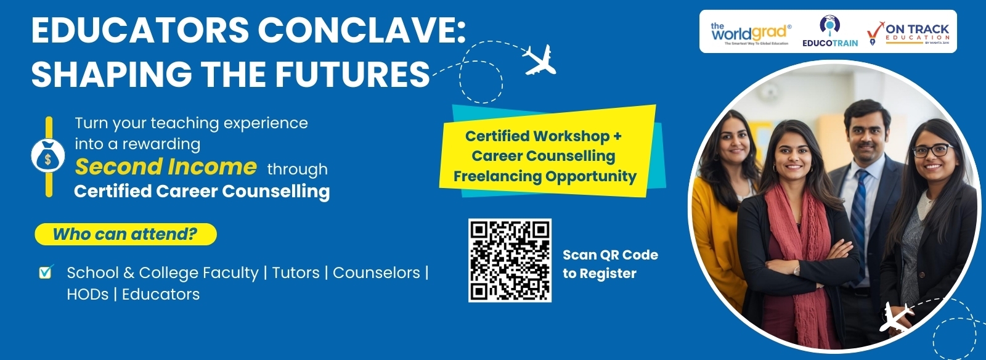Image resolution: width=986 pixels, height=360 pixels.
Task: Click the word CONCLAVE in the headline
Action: point(361,30)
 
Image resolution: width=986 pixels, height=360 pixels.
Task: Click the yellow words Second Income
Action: point(165,166)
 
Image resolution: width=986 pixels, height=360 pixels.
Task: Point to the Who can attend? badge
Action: point(125,234)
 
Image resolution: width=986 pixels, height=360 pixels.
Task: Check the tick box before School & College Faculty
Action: point(46,272)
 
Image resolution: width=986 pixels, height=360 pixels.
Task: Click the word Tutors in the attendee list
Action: point(296,272)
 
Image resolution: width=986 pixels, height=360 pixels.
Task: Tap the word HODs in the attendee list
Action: point(88,294)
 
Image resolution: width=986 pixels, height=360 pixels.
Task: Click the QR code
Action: point(510,260)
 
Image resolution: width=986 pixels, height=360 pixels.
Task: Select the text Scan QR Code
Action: point(610,255)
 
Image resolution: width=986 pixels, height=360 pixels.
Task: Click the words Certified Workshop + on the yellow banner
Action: point(543,136)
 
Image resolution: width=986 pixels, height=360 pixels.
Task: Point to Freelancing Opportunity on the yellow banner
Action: point(545,176)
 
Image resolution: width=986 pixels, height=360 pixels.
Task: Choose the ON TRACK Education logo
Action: point(909,33)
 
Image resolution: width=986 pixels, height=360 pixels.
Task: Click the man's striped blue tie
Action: point(858,210)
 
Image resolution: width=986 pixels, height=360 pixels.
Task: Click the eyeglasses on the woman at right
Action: point(932,150)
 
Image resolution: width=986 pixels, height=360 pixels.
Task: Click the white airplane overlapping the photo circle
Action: point(897,317)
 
